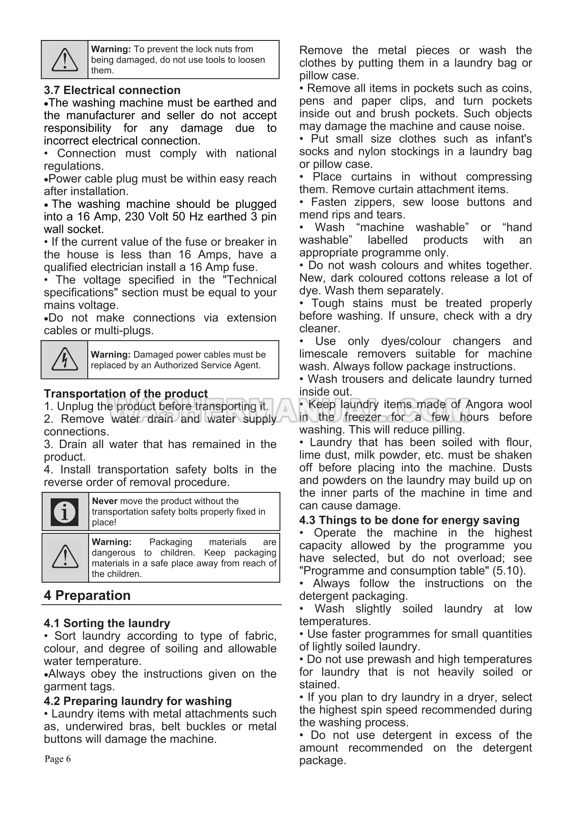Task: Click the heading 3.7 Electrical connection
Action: pos(112,90)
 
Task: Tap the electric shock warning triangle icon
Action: pos(65,359)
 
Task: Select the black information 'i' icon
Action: pos(65,511)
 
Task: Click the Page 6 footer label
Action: pos(58,759)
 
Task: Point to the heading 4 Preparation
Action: pos(87,595)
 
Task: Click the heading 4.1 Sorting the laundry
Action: pos(107,623)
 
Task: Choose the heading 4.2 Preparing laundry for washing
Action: pos(138,701)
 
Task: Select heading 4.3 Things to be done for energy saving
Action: pos(409,520)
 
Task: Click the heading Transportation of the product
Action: pos(126,394)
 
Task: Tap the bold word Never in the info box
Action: pos(105,501)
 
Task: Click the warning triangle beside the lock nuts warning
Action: pos(65,59)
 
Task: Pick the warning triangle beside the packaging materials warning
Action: pos(65,557)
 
